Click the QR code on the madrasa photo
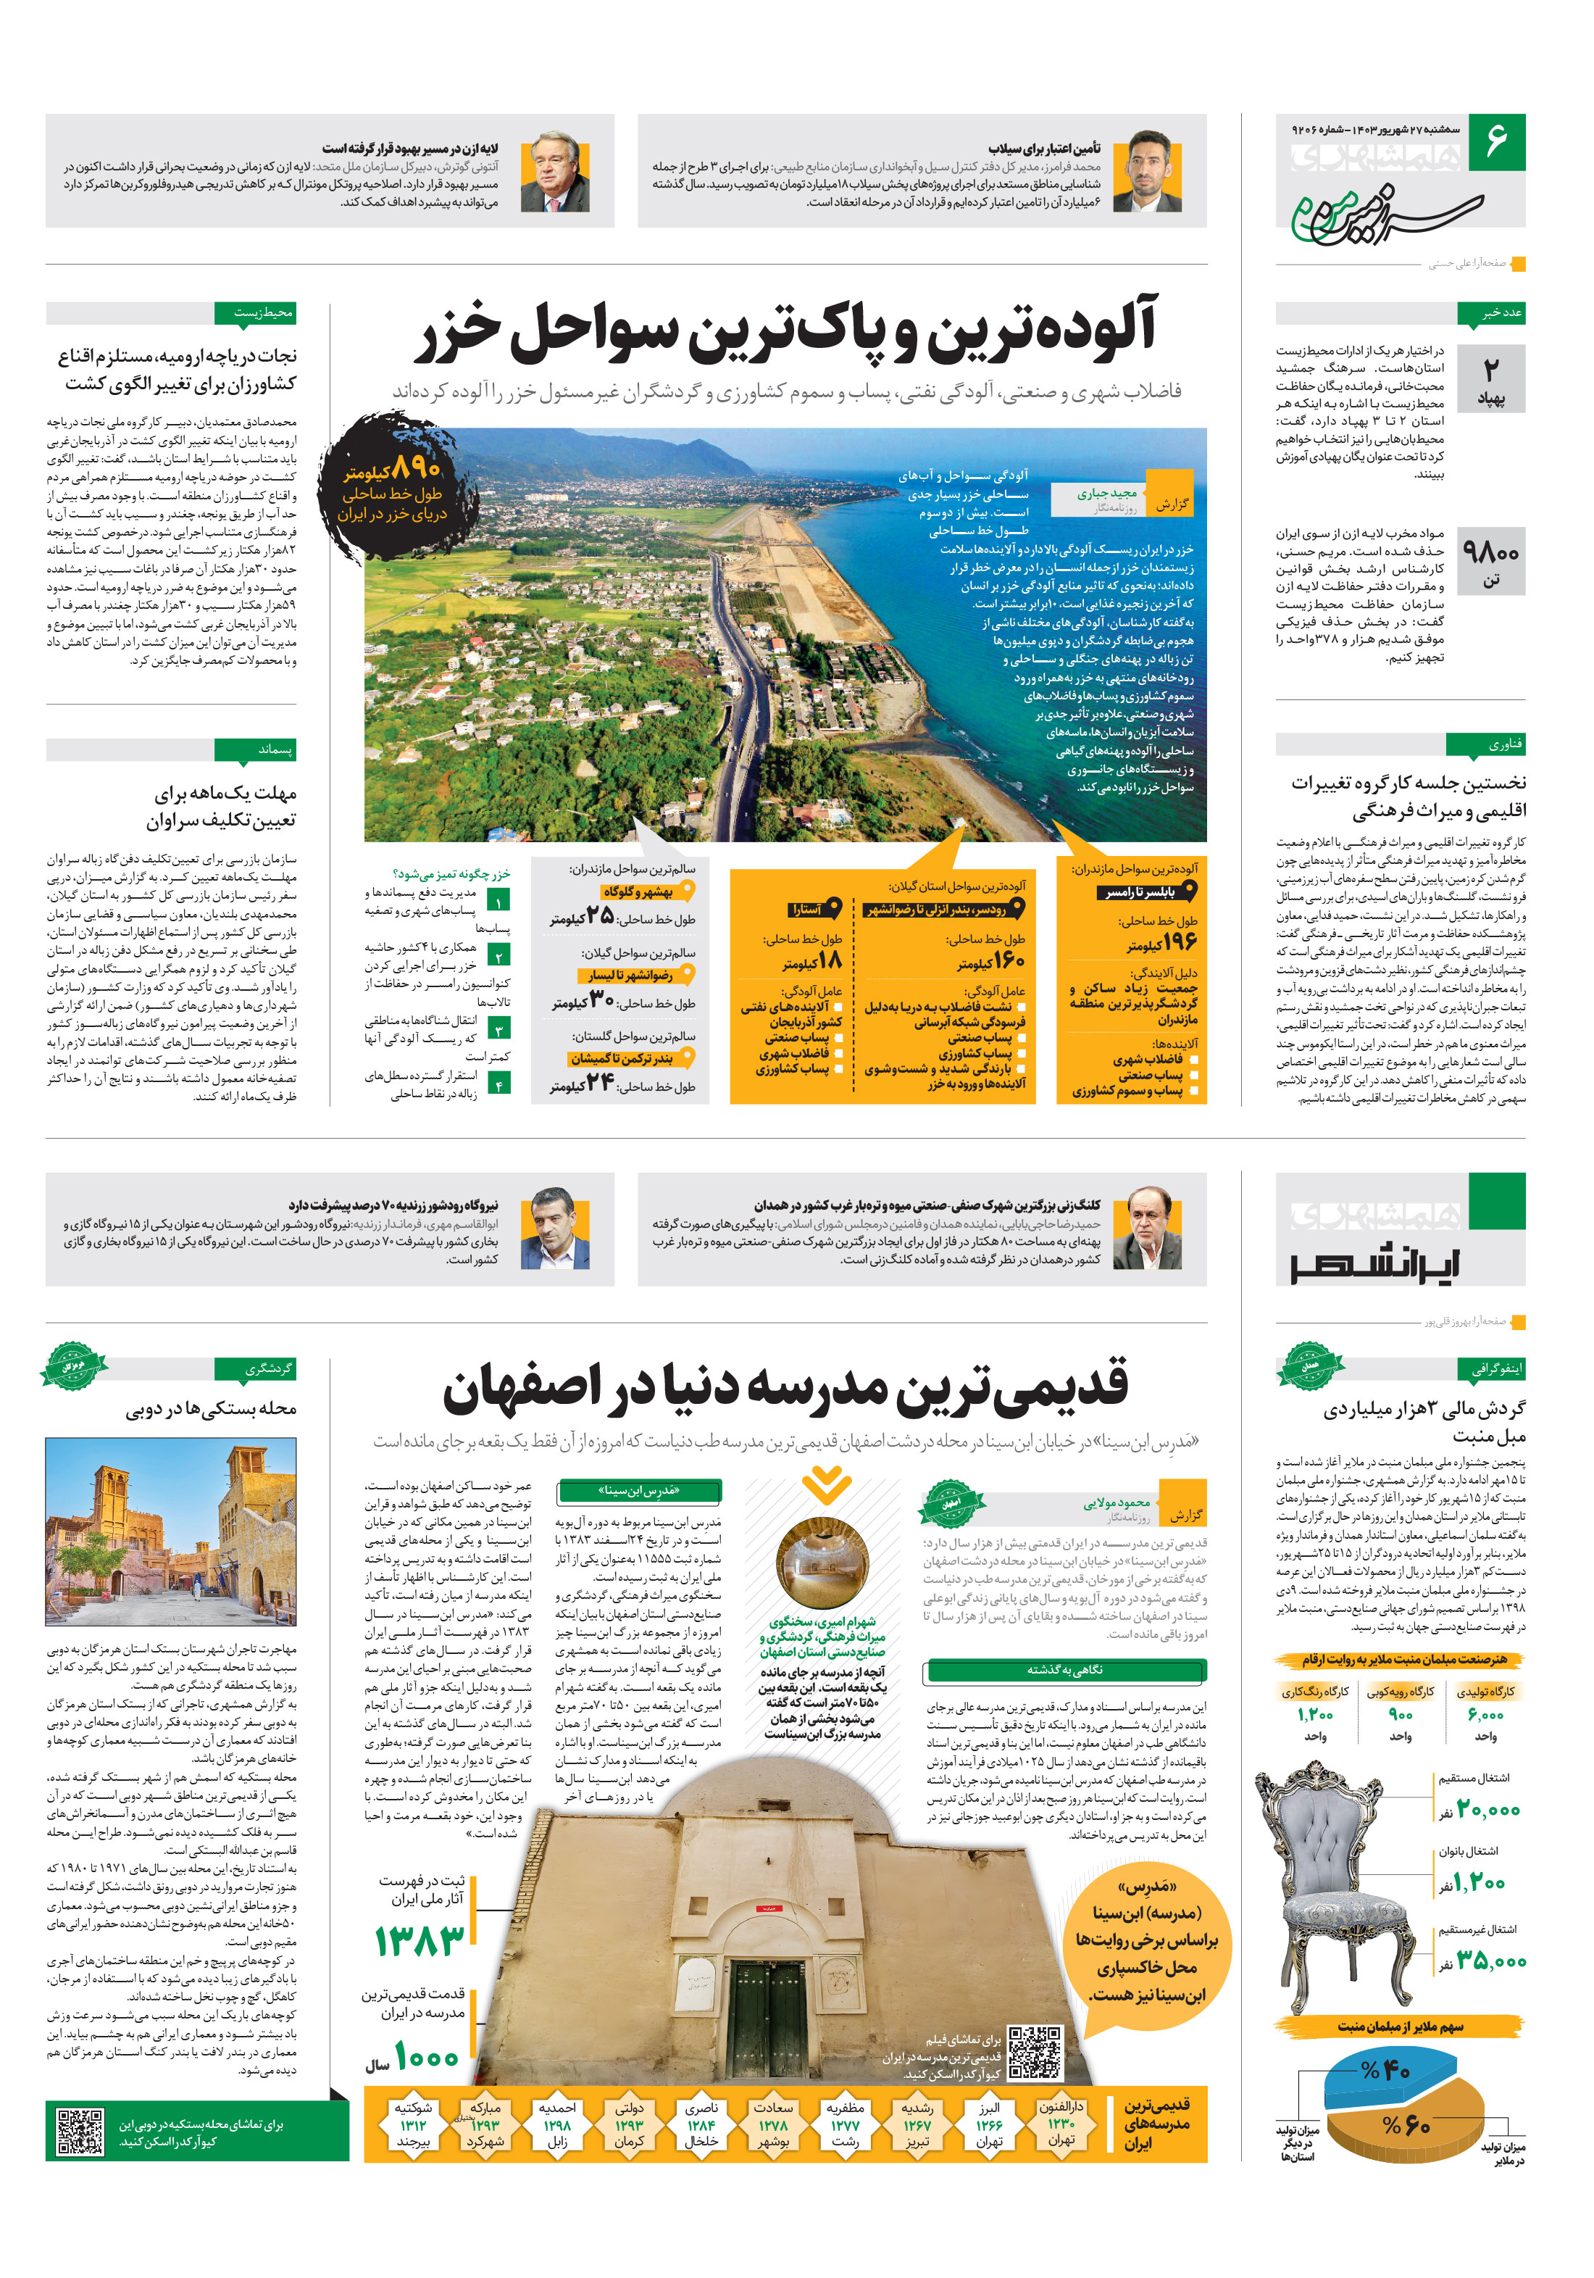pos(1035,2054)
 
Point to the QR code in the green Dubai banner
pos(80,2131)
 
